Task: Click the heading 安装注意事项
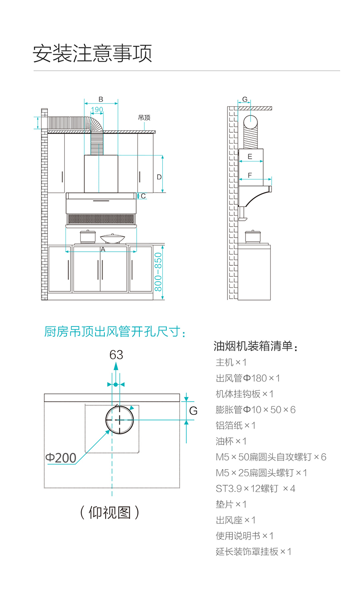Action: (92, 54)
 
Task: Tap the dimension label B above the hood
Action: (101, 99)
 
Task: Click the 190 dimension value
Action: (97, 109)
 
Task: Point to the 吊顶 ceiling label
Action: (144, 118)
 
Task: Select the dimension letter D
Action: (159, 176)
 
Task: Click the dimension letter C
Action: (143, 196)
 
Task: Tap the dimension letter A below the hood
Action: (103, 249)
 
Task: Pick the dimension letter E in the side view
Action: (250, 156)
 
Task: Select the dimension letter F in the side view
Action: (250, 175)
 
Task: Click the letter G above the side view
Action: (245, 99)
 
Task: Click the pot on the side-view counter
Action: (251, 236)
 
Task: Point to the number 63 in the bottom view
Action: (116, 354)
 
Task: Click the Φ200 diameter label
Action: (61, 457)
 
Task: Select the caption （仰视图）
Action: (110, 512)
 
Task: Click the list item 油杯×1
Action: (231, 441)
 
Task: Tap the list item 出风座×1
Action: (236, 520)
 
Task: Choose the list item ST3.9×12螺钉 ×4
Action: (255, 488)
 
